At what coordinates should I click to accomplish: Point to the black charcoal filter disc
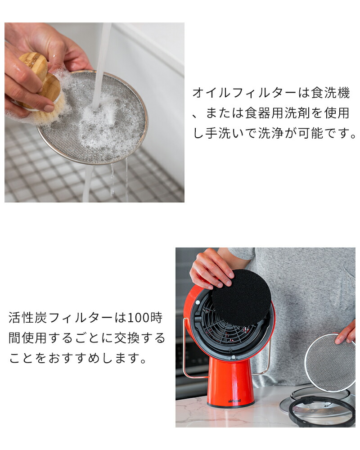coord(241,297)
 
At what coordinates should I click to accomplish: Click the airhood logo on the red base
coord(234,400)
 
